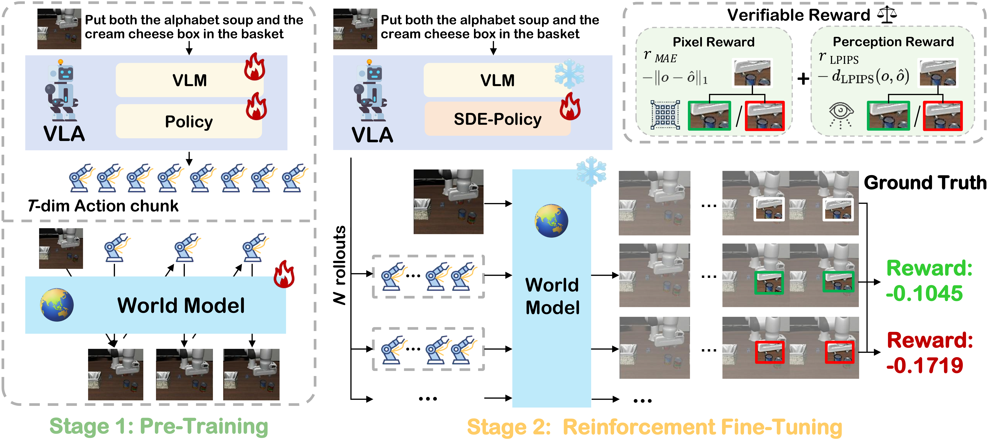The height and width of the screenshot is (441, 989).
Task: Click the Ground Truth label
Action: pyautogui.click(x=924, y=183)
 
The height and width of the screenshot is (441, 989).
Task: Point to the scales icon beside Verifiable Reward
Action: pyautogui.click(x=887, y=15)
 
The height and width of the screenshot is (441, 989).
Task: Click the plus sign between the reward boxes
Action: pyautogui.click(x=803, y=79)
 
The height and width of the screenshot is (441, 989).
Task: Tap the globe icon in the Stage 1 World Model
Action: pyautogui.click(x=57, y=305)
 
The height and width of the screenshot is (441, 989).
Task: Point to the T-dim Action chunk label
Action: pyautogui.click(x=103, y=206)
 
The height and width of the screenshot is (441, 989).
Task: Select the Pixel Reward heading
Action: pyautogui.click(x=713, y=42)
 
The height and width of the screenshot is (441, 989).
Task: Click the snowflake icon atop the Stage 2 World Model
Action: pyautogui.click(x=591, y=171)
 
